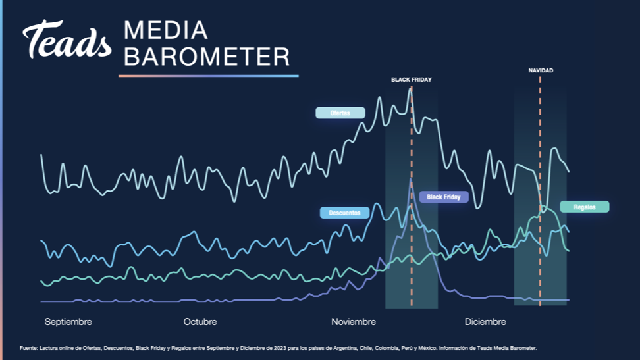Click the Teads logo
[67, 39]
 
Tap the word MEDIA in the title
[166, 30]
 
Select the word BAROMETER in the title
[207, 57]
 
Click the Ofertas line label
[340, 113]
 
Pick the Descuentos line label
[344, 213]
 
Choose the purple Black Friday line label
[444, 197]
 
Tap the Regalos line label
[585, 207]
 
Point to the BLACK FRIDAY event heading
[412, 80]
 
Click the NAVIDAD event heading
[541, 70]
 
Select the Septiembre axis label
[68, 322]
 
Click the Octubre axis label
[200, 322]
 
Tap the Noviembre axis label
[354, 322]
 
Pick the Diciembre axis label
[485, 322]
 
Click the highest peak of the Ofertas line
[410, 88]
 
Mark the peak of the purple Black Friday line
[411, 179]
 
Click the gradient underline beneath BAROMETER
[209, 76]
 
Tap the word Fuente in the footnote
[28, 349]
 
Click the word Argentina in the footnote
[345, 349]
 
